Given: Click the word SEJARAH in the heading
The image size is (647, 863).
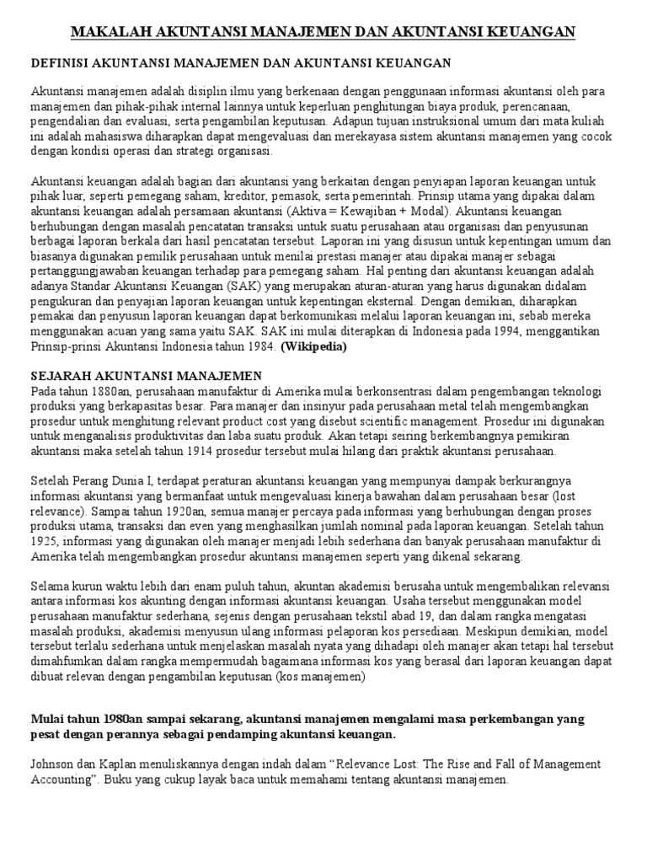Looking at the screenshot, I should click(x=60, y=374).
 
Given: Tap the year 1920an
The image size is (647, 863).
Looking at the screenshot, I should click(x=195, y=512).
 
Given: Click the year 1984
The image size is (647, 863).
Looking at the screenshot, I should click(x=259, y=346).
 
